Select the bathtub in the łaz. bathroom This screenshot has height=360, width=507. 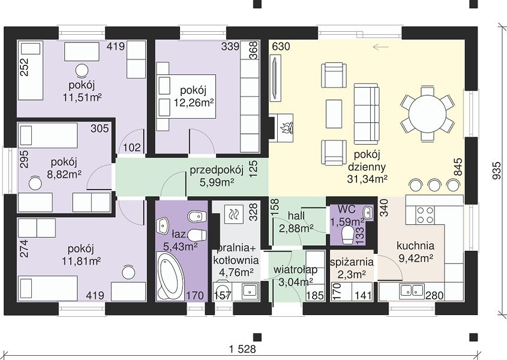167,276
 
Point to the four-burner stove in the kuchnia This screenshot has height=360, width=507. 425,215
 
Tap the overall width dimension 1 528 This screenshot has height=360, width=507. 242,349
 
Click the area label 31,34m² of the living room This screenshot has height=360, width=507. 367,179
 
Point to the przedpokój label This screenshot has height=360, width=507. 217,170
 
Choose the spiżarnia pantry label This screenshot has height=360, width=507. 352,262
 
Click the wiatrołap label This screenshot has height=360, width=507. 295,270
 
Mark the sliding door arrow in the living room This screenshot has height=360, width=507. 380,47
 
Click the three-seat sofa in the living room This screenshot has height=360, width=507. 366,114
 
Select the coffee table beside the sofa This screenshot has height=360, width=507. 334,113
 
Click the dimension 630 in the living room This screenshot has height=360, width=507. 281,47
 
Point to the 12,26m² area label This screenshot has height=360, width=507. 194,103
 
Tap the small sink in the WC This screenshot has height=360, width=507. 368,212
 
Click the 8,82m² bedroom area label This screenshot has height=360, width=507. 64,175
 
